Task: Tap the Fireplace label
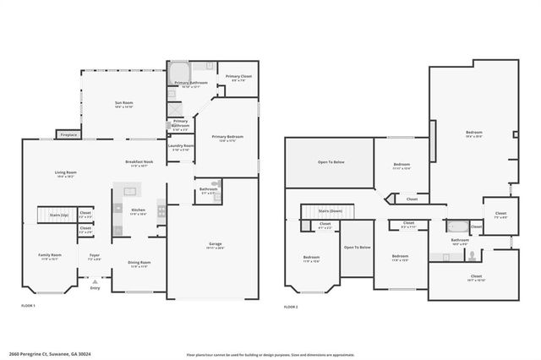69,135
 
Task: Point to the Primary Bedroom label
227,139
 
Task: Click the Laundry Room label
181,147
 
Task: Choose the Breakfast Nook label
139,163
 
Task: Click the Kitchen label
138,212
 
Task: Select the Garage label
216,246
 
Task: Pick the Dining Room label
138,264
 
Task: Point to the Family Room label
50,257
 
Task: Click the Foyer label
95,257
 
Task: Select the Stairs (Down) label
330,210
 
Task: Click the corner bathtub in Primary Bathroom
179,72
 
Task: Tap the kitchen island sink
117,208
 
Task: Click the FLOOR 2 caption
292,305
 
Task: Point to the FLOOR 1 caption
29,305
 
